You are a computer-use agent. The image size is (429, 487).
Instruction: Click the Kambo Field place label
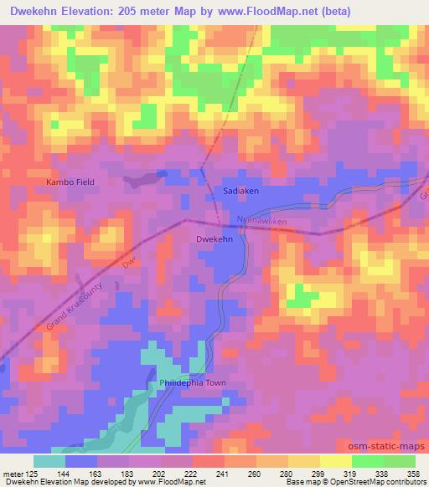coord(70,182)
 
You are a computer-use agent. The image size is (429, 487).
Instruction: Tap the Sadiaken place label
coord(241,191)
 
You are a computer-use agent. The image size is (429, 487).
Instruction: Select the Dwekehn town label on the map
coord(214,239)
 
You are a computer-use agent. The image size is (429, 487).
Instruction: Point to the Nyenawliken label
coord(263,220)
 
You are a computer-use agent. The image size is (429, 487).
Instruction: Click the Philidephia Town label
coord(193,384)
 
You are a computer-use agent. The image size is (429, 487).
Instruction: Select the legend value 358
coord(414,474)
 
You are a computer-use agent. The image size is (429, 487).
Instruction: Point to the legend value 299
coord(316,474)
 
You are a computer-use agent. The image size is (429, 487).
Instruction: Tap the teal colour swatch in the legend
coord(49,461)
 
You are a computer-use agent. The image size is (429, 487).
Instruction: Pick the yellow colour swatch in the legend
coord(337,461)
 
